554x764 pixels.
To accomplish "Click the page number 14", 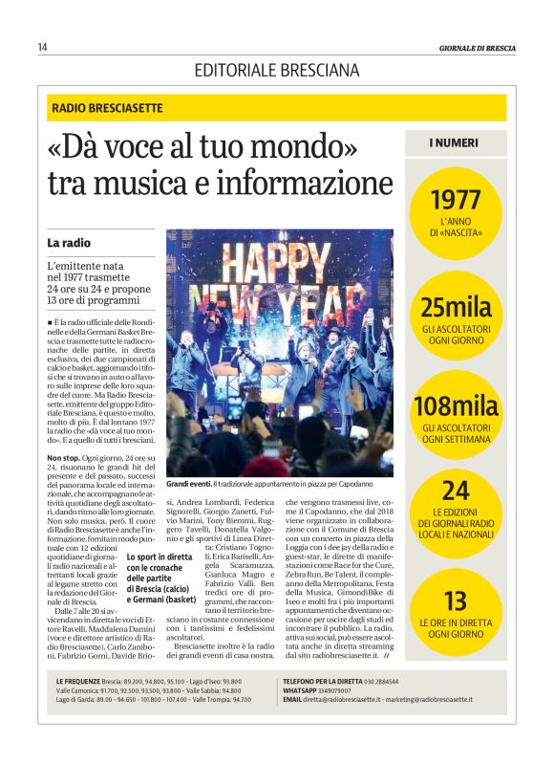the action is [42, 47].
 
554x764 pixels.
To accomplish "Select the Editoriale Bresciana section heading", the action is [277, 70].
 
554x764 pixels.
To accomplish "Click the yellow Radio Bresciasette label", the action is [107, 108].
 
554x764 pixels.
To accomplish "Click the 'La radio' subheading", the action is [69, 243].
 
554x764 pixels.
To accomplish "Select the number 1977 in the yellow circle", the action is [456, 201].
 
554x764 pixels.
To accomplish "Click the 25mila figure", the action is [456, 308].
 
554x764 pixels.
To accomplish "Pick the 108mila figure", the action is [456, 405].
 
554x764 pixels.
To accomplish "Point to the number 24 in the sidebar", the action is [456, 491].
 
